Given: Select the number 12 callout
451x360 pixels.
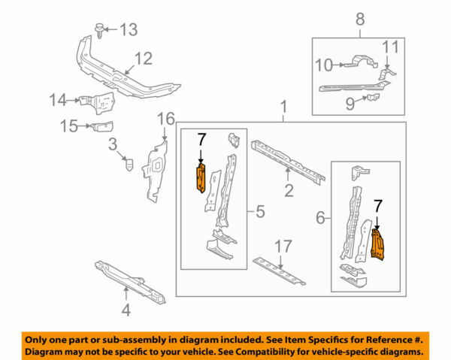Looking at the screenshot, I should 143,58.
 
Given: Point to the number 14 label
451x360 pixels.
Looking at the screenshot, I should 59,98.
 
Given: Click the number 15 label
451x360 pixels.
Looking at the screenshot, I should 68,126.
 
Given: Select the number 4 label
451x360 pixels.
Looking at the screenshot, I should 126,308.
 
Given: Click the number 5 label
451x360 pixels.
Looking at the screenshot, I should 259,213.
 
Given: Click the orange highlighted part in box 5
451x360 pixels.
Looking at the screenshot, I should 201,179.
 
